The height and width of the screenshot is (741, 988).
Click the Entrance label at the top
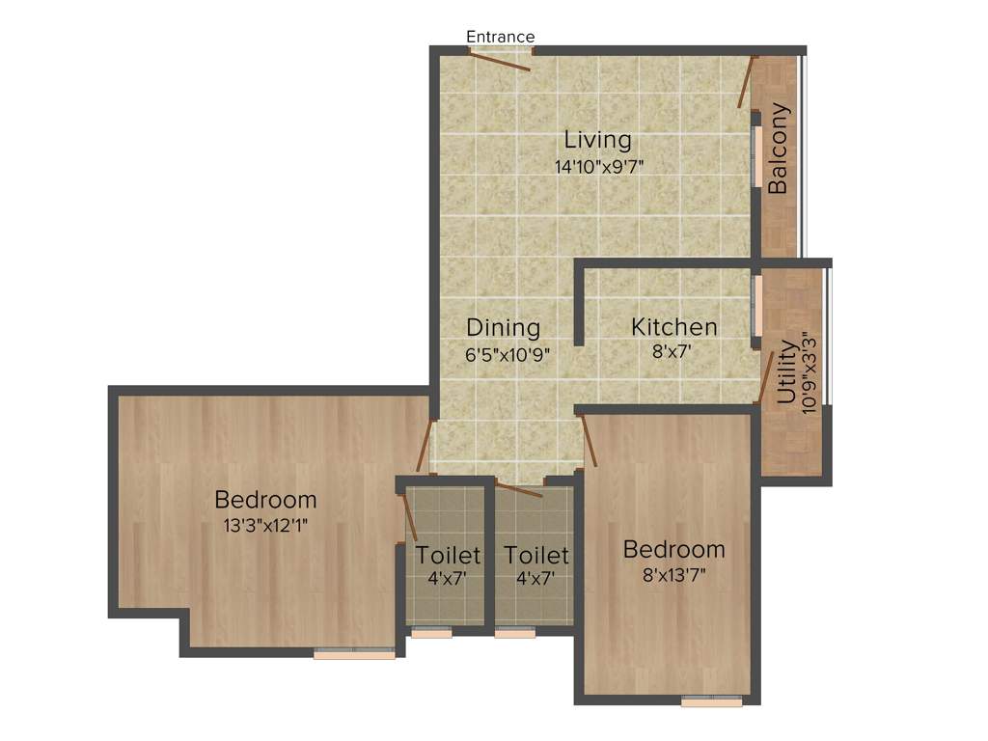pyautogui.click(x=500, y=37)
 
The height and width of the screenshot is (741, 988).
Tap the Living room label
pyautogui.click(x=598, y=140)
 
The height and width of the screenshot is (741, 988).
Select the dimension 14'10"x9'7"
pyautogui.click(x=598, y=166)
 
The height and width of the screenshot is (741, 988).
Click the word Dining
pyautogui.click(x=503, y=327)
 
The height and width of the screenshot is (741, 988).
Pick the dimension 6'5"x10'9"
pyautogui.click(x=508, y=354)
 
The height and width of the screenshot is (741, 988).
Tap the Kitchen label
pyautogui.click(x=673, y=327)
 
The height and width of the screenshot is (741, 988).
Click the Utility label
pyautogui.click(x=787, y=371)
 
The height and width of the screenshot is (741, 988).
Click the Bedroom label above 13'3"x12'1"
pyautogui.click(x=265, y=500)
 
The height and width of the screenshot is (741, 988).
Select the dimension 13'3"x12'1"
pyautogui.click(x=265, y=526)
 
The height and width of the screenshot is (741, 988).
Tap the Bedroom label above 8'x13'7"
pyautogui.click(x=673, y=550)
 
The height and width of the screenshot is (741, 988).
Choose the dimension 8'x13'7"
pyautogui.click(x=673, y=576)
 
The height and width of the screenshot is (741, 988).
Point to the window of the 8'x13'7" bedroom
pyautogui.click(x=711, y=701)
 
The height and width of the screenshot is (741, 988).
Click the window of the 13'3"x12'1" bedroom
pyautogui.click(x=354, y=654)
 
